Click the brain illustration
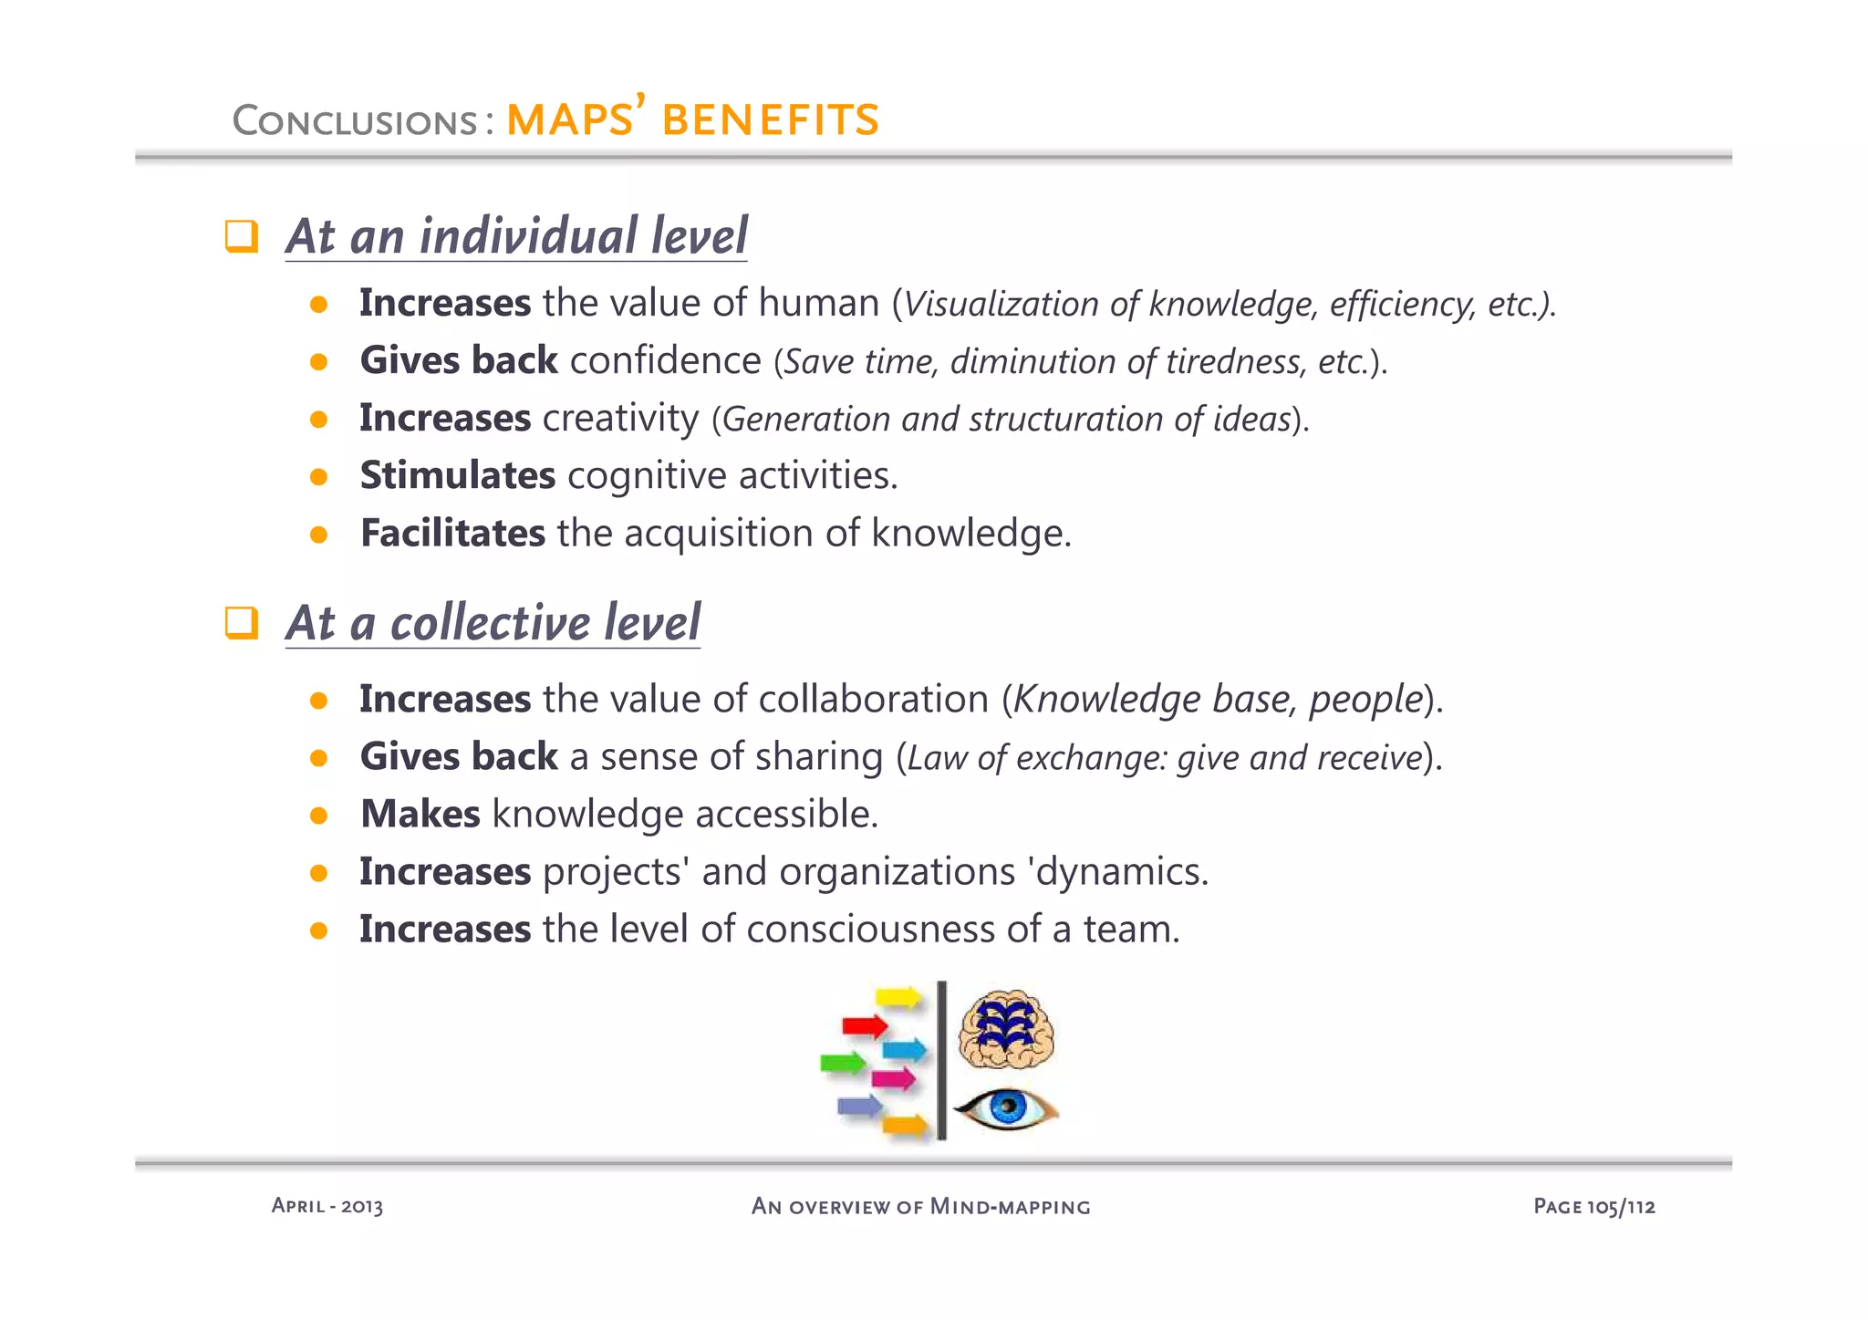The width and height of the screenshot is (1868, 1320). click(x=1006, y=1030)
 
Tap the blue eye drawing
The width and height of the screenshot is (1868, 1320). click(x=1006, y=1107)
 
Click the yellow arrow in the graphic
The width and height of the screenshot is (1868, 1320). click(x=899, y=996)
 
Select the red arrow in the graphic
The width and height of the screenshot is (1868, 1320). click(x=865, y=1026)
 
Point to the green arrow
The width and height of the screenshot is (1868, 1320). click(x=843, y=1063)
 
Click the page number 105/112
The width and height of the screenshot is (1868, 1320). click(x=1593, y=1207)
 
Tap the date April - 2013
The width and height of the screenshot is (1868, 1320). click(x=327, y=1206)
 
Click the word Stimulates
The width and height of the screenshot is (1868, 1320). click(x=457, y=475)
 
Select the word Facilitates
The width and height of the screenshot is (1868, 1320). click(x=452, y=533)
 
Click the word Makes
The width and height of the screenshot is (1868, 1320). click(x=420, y=814)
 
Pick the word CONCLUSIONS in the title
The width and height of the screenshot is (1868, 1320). click(x=355, y=120)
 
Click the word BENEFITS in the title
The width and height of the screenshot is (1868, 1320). click(x=771, y=120)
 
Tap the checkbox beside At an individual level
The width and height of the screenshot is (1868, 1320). click(x=242, y=236)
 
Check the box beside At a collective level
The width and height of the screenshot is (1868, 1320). click(x=242, y=623)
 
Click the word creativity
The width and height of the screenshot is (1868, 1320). click(x=620, y=419)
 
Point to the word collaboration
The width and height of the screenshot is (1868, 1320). click(x=873, y=700)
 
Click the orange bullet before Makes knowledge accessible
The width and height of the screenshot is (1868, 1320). click(x=318, y=816)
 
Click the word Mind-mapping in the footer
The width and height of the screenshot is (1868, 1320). click(x=1010, y=1207)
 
